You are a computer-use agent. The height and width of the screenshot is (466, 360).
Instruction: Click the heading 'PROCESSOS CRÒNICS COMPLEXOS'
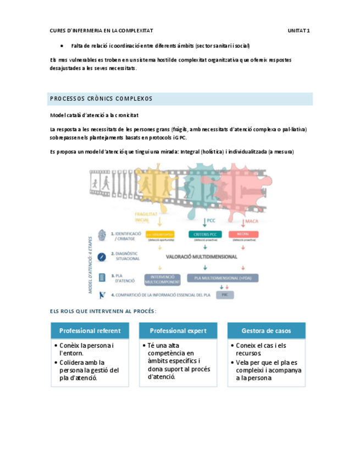(101, 99)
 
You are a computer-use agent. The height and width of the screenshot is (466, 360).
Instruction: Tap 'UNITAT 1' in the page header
(299, 31)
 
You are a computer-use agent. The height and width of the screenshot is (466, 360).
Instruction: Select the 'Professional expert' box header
(178, 331)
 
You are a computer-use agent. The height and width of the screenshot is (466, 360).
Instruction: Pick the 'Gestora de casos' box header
(267, 331)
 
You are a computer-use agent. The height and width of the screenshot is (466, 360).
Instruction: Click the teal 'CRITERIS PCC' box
(206, 235)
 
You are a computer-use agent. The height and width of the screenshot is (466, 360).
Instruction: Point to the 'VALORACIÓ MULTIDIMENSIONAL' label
(202, 256)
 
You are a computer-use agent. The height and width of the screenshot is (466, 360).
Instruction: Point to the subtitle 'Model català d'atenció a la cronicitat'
(94, 115)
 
